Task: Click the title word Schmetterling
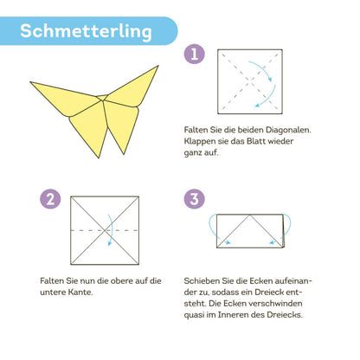click(86, 31)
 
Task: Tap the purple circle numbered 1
click(195, 54)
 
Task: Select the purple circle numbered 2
click(50, 199)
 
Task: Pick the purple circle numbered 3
click(195, 199)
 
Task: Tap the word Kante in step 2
click(80, 292)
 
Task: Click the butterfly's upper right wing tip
click(158, 66)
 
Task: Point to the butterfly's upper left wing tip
click(30, 82)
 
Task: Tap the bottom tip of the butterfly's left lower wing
click(99, 157)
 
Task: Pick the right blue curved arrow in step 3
click(289, 227)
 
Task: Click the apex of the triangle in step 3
click(250, 215)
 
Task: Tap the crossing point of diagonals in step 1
click(250, 81)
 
